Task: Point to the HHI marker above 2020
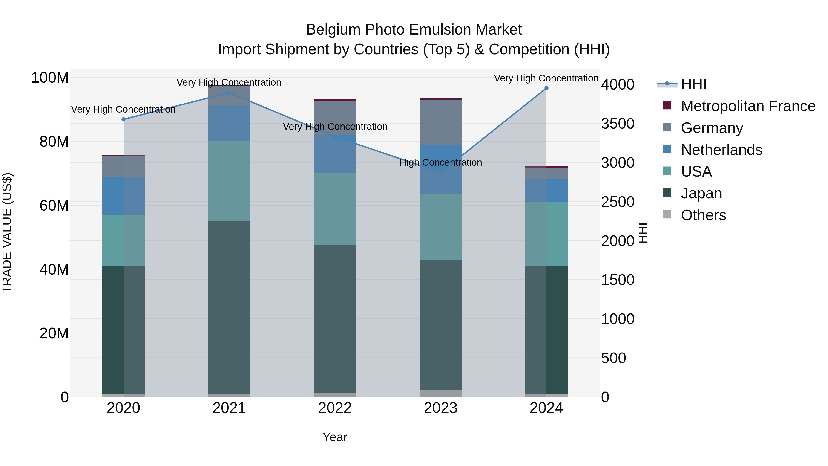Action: click(x=124, y=119)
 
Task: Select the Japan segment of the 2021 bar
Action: click(x=229, y=307)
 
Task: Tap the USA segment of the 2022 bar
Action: click(x=335, y=209)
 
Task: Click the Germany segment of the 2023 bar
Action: click(x=441, y=122)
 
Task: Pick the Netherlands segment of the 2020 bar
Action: click(x=124, y=196)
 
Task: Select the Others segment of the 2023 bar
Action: click(x=441, y=393)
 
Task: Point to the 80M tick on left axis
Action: click(x=54, y=142)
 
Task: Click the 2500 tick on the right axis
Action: click(x=618, y=202)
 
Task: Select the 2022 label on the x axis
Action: click(x=335, y=408)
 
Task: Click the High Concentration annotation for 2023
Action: click(x=441, y=163)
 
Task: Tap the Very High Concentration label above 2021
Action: click(x=229, y=83)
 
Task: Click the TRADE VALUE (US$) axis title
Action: click(x=7, y=233)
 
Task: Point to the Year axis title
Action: click(x=335, y=437)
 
